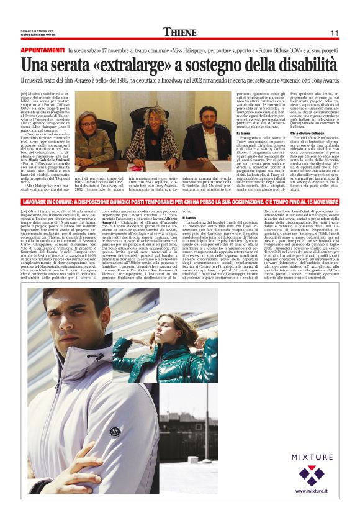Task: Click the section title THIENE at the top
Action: pyautogui.click(x=180, y=32)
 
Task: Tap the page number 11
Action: pyautogui.click(x=334, y=33)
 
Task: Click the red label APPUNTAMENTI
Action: pyautogui.click(x=43, y=49)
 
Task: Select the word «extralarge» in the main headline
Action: pyautogui.click(x=127, y=64)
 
